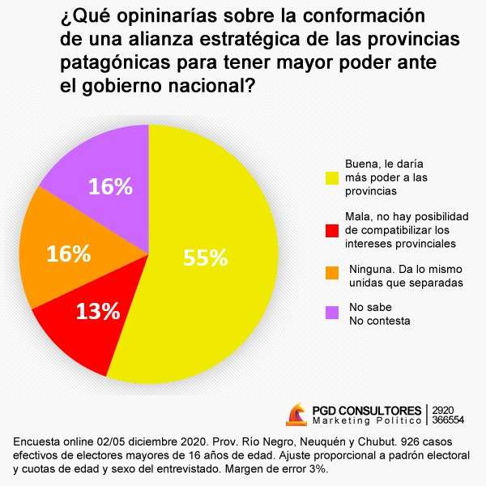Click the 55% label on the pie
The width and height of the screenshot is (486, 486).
click(206, 258)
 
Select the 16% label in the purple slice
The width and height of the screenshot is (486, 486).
click(110, 187)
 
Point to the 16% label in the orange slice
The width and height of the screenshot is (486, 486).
click(68, 254)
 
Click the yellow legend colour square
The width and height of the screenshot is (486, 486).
click(330, 176)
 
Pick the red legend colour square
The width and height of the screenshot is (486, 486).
click(330, 231)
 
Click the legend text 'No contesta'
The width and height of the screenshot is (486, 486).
click(379, 321)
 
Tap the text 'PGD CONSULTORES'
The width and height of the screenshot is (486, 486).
click(367, 411)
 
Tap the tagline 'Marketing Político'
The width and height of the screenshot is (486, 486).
click(366, 421)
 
